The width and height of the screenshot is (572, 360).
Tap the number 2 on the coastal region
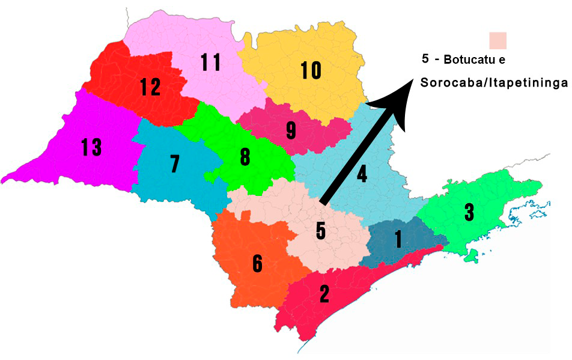point(324,293)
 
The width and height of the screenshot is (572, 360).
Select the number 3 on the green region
point(469,212)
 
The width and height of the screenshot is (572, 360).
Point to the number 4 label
point(362,174)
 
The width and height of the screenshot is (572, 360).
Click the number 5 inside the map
point(321,231)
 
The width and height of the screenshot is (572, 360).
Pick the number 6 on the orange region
point(257,263)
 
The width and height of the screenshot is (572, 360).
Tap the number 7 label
point(174,163)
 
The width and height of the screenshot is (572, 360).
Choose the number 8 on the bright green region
point(245,157)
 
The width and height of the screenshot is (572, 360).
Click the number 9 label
point(291,129)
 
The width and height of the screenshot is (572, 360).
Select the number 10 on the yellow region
point(311,71)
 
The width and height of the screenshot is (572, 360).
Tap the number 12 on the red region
point(150,88)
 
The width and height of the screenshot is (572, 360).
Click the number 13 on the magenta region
point(91,147)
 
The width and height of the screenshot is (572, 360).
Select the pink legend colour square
point(498,41)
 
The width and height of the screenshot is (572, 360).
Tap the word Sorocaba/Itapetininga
point(493,83)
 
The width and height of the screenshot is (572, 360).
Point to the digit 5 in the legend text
point(425,60)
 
